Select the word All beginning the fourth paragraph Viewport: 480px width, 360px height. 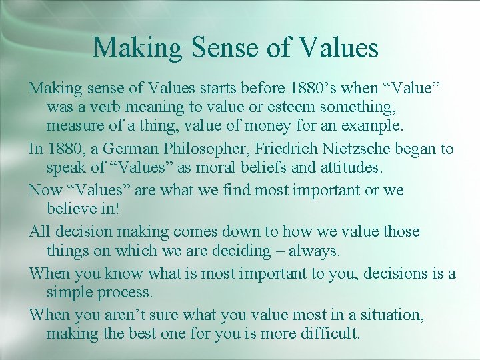[x=40, y=231]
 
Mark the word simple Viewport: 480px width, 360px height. [x=69, y=291]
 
